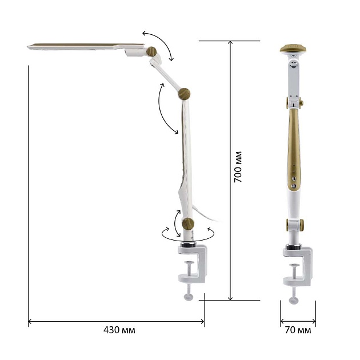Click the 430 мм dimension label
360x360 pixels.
click(x=119, y=330)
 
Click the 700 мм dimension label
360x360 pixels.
click(x=238, y=167)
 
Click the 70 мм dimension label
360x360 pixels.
click(x=298, y=330)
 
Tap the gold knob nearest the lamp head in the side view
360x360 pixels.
click(x=151, y=51)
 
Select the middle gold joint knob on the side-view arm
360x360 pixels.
click(x=184, y=94)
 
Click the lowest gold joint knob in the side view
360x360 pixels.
click(x=188, y=224)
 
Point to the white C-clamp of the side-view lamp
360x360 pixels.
click(x=193, y=264)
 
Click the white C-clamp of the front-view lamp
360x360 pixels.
click(x=298, y=266)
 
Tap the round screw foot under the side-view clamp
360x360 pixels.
click(x=189, y=297)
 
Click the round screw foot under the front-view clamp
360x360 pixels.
click(x=294, y=301)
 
